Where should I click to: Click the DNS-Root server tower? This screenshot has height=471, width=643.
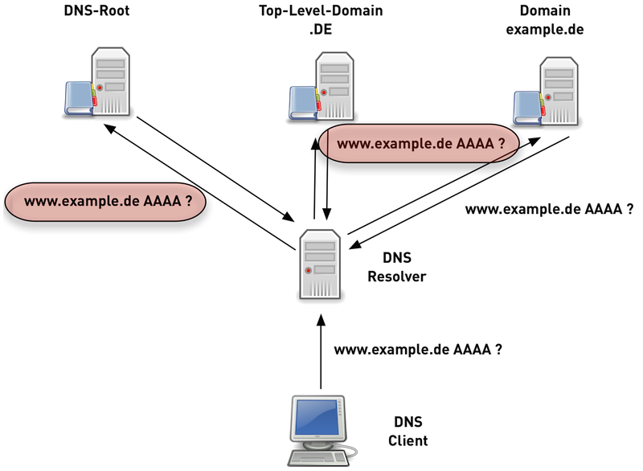[112, 81]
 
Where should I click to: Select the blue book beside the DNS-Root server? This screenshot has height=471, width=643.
[80, 97]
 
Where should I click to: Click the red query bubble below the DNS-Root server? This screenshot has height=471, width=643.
[104, 203]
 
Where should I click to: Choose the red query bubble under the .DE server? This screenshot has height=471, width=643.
[418, 145]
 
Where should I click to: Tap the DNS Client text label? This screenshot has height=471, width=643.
[408, 431]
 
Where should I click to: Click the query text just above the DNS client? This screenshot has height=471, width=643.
[418, 350]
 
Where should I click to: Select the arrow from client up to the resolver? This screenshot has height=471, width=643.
[321, 354]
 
